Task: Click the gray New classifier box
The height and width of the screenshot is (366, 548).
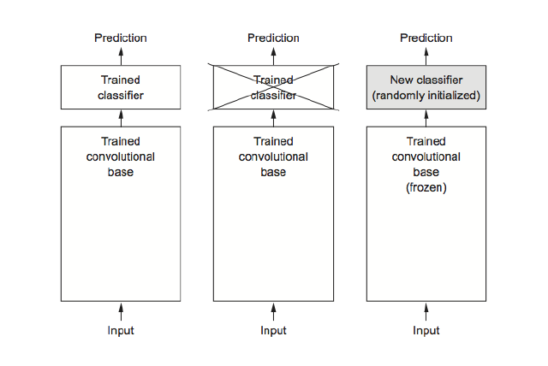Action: (x=426, y=87)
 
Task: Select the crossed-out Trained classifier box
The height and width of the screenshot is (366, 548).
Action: (x=273, y=87)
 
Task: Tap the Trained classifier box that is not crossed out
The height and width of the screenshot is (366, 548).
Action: (x=120, y=87)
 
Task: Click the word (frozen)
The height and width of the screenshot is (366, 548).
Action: (x=426, y=187)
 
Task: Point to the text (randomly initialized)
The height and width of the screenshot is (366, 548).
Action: (x=426, y=95)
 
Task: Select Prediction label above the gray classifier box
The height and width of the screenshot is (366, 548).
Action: (x=426, y=38)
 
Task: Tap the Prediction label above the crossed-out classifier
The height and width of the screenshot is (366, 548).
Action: (x=273, y=38)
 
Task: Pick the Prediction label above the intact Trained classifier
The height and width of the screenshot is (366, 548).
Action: (x=120, y=38)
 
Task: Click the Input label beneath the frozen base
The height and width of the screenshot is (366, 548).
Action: (x=426, y=330)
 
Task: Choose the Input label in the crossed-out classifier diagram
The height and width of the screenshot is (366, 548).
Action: (x=273, y=330)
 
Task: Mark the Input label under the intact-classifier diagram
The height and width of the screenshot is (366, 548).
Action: (x=120, y=330)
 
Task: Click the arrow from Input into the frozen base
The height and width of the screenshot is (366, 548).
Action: (x=426, y=311)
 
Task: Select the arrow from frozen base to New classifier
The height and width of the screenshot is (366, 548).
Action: (x=426, y=118)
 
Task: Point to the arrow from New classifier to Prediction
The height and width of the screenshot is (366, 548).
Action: (x=426, y=55)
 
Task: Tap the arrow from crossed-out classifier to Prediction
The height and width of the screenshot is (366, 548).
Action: (x=273, y=55)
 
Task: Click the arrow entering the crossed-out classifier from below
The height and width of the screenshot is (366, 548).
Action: (x=273, y=118)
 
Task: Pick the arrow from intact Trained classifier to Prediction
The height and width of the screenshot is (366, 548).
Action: (x=120, y=55)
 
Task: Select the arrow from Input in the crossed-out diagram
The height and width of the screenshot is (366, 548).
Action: (x=273, y=311)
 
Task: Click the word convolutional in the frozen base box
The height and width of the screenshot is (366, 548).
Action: (x=426, y=157)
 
